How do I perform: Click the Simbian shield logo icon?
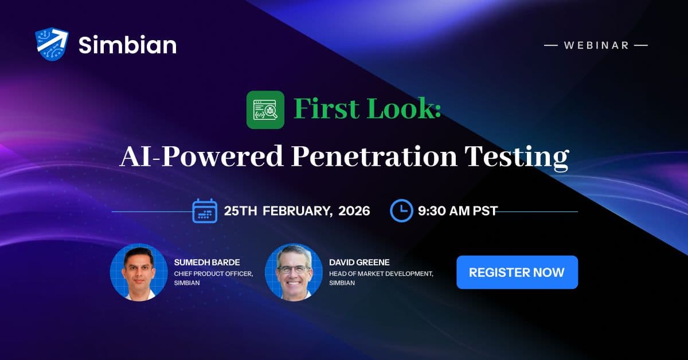52,44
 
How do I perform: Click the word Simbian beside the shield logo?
127,45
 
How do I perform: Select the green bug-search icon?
265,109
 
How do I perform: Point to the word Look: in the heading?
404,109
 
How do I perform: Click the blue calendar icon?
205,210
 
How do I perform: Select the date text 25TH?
240,211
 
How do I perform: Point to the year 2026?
354,211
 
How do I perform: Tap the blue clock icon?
401,210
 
